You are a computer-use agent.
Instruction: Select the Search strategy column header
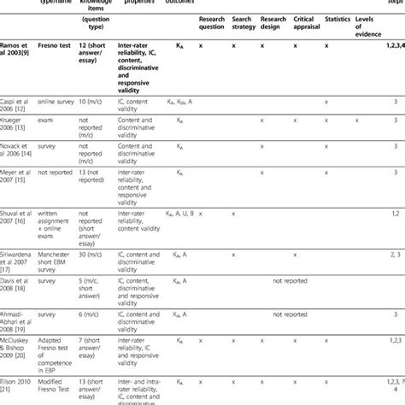248,45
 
